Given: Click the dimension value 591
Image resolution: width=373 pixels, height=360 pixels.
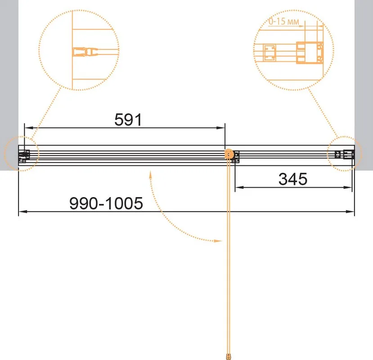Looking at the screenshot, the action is [128, 119].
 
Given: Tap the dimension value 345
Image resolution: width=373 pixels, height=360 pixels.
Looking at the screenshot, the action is [293, 179].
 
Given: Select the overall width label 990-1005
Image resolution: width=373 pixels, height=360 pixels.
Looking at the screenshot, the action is [106, 203].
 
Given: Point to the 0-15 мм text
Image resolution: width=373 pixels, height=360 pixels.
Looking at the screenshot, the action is [284, 22].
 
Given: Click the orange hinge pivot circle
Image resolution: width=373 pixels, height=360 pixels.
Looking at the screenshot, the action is [229, 154].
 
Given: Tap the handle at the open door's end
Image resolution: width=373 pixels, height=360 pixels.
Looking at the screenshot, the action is [229, 356].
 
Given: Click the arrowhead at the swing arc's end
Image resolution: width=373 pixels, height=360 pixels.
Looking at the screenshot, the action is [218, 241].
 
